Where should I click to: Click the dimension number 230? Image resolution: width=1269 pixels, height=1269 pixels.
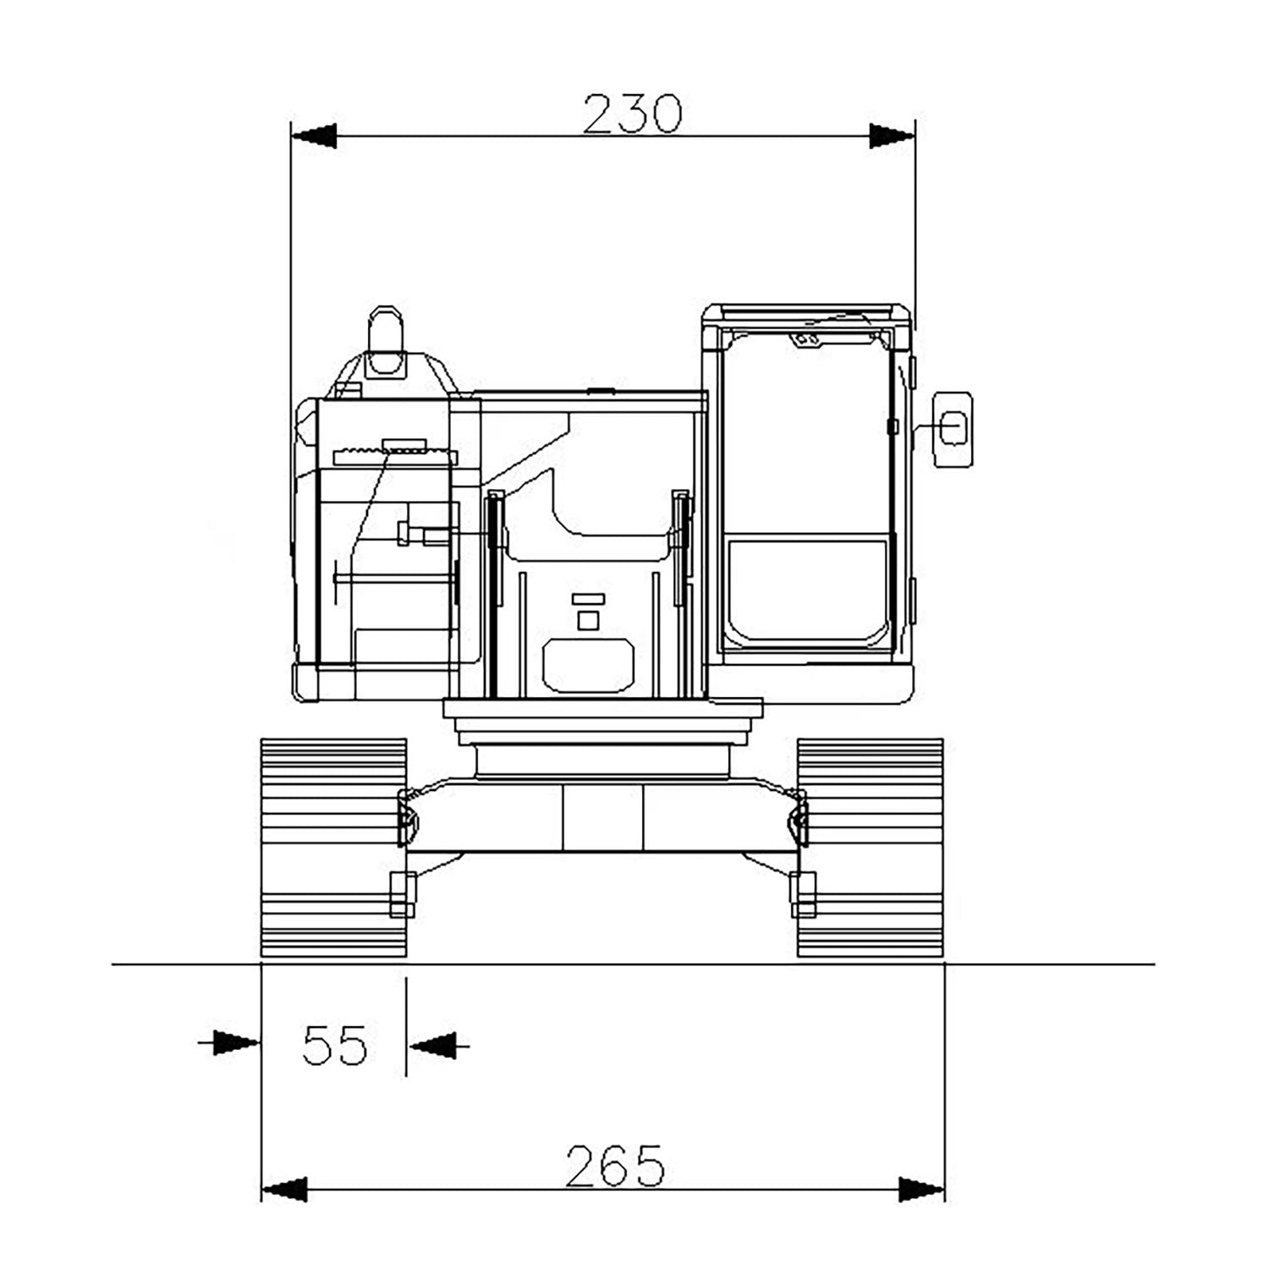tap(632, 114)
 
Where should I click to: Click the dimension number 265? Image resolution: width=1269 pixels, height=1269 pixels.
tap(615, 1166)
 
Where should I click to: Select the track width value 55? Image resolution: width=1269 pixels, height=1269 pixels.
tap(335, 1045)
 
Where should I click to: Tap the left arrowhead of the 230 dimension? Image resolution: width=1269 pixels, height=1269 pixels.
tap(314, 135)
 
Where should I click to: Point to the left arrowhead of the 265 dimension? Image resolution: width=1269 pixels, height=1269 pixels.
tap(284, 1189)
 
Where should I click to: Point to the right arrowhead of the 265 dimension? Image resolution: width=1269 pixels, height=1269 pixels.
tap(921, 1189)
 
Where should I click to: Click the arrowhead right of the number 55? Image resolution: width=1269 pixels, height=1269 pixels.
tap(432, 1045)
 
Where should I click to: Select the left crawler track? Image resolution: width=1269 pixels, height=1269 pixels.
tap(334, 849)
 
